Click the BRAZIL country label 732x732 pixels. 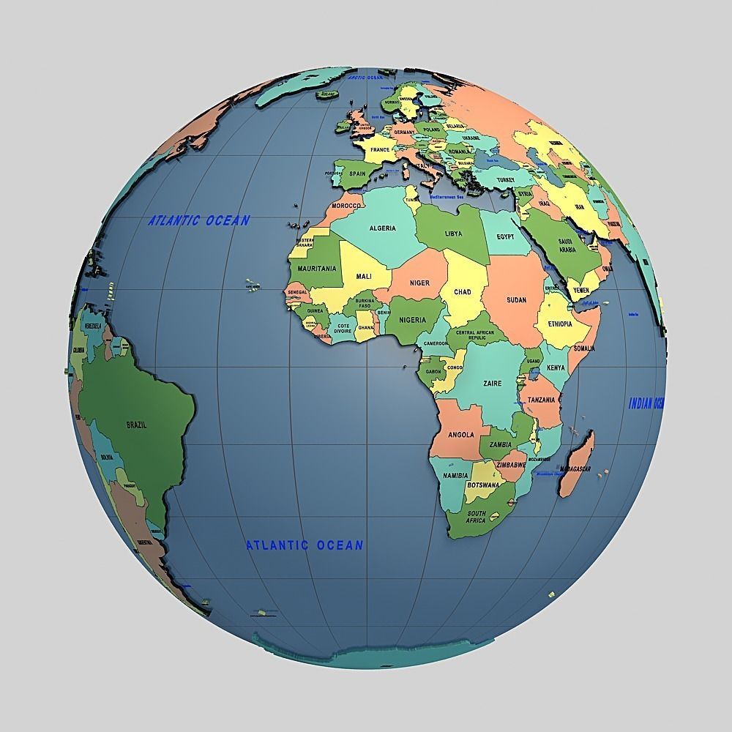(x=136, y=425)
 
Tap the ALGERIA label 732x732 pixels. (x=382, y=228)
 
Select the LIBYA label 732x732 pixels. (x=454, y=234)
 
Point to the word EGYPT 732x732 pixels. (x=505, y=237)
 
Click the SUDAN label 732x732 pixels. (x=516, y=300)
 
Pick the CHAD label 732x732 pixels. (x=463, y=292)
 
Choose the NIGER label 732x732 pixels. (x=419, y=283)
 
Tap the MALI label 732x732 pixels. (x=364, y=276)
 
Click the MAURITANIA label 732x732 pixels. (x=317, y=269)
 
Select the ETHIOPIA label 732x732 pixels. (x=555, y=324)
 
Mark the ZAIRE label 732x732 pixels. (x=493, y=384)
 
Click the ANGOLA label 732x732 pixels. (x=461, y=434)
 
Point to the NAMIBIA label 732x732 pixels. (x=455, y=477)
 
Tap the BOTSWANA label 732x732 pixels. (x=483, y=485)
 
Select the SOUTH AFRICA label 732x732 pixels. (x=476, y=517)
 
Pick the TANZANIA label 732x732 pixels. (x=542, y=400)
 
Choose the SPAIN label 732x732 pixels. (x=357, y=174)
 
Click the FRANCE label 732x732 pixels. (x=380, y=149)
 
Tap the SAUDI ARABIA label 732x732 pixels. (x=568, y=246)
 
